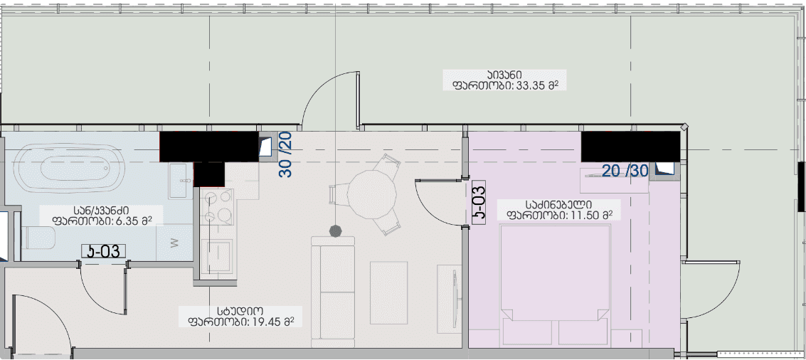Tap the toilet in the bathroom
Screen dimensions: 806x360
38,238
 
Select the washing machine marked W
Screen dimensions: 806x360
174,243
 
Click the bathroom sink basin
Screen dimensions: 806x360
180,181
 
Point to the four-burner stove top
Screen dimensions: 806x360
217,207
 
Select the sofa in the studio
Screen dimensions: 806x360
333,292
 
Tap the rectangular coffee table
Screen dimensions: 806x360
388,292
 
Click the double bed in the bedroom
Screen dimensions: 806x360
554,285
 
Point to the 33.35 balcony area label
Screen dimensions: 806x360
505,80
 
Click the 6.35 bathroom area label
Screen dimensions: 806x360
101,216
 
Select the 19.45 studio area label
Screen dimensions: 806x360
240,317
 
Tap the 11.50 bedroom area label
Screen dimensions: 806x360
559,210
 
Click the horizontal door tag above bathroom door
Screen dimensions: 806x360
104,251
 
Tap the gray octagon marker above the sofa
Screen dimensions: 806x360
336,231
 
